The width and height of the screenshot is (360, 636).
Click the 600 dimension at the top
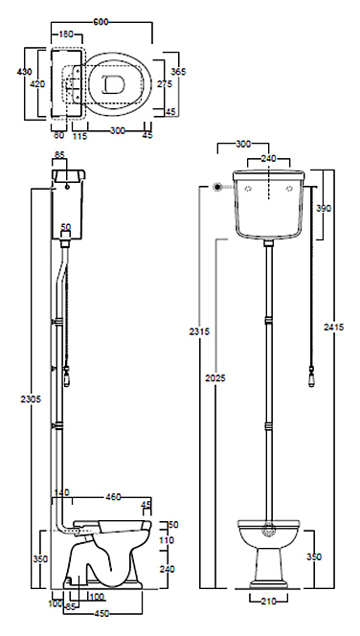(x=101, y=22)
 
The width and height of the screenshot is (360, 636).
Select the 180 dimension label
(x=66, y=34)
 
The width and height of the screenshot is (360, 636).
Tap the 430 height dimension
(x=24, y=72)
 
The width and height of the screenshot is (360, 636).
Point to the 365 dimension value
(x=178, y=72)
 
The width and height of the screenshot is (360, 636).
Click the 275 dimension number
(x=164, y=84)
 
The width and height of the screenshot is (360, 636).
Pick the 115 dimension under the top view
(x=79, y=136)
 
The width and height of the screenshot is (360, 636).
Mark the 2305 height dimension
(x=31, y=399)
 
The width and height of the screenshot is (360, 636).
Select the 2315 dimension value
(x=199, y=331)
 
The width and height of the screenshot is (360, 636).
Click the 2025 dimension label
(x=214, y=378)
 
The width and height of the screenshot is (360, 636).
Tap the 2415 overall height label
(x=333, y=327)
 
